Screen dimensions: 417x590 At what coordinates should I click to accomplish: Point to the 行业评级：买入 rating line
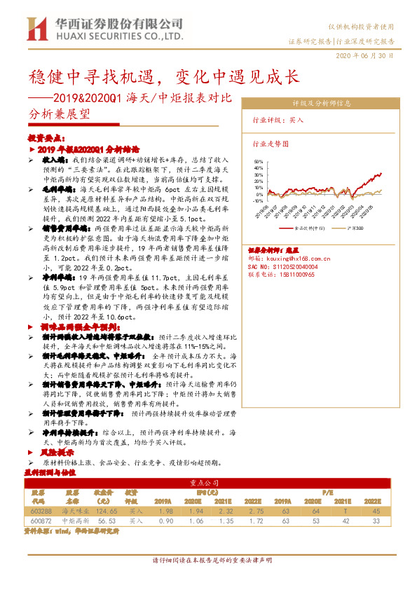[278, 120]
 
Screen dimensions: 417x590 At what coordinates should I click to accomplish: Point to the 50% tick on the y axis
[259, 161]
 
